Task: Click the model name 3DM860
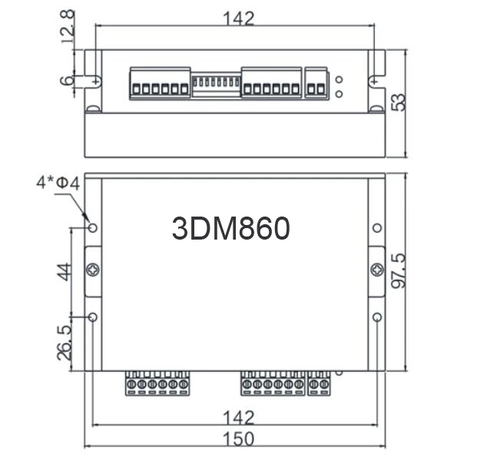point(230,228)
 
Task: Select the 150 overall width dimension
point(239,439)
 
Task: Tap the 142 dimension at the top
point(239,18)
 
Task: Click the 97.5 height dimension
point(399,270)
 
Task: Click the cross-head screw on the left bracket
point(93,270)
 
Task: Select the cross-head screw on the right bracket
point(376,270)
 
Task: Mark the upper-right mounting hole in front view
point(376,228)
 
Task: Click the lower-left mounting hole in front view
point(93,317)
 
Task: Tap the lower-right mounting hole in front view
point(376,317)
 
